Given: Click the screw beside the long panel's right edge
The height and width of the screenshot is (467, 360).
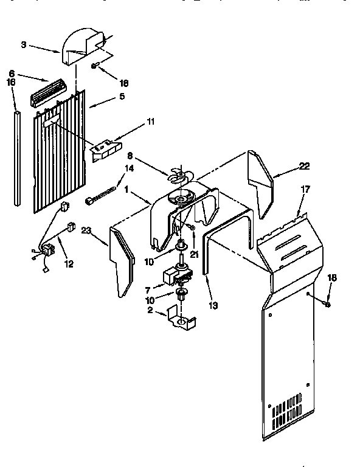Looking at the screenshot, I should click(x=328, y=303).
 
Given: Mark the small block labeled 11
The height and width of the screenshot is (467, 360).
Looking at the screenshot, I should click(x=106, y=150).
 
